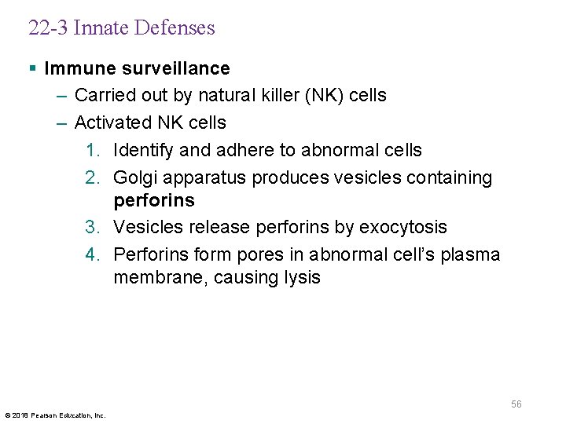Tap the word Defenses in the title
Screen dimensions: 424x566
point(174,28)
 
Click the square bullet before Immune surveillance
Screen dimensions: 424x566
point(31,69)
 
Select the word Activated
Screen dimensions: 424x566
point(111,122)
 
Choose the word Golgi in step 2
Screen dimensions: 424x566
point(135,177)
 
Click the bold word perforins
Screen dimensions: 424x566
point(153,201)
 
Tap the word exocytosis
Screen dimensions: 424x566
point(402,228)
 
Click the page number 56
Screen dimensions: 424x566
point(516,404)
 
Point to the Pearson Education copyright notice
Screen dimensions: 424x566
point(55,415)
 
